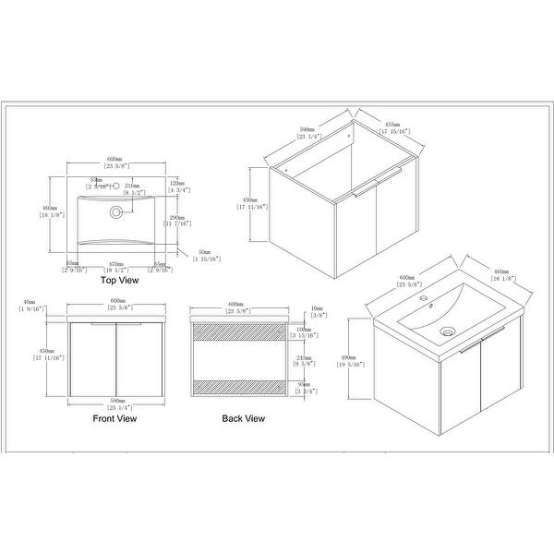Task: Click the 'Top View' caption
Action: tap(119, 278)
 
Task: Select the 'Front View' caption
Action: tap(115, 417)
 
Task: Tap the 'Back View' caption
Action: tap(243, 417)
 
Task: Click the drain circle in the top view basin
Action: tap(116, 211)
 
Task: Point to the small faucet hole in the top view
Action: tap(116, 186)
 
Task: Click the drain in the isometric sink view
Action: tap(448, 330)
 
